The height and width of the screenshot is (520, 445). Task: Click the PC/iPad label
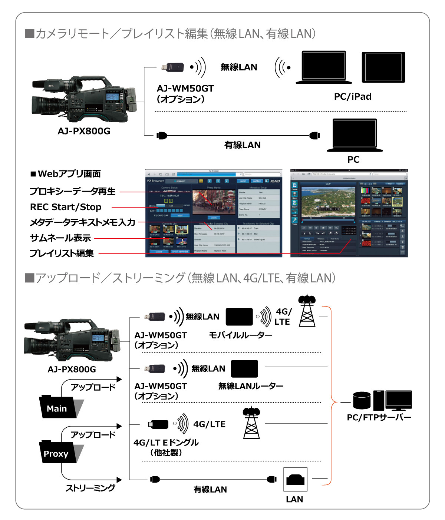[352, 97]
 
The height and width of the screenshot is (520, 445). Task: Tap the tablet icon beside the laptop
[383, 67]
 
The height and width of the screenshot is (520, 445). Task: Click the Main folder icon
[59, 407]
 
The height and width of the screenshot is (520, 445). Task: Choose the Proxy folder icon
[59, 452]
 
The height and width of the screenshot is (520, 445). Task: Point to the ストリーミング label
[90, 488]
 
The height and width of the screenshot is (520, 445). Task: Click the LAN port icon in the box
[296, 480]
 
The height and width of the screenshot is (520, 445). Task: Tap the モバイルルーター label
[240, 335]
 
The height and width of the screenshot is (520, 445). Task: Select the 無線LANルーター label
[251, 386]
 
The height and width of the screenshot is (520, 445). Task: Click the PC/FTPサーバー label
[379, 418]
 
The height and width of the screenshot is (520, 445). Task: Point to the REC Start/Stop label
[66, 207]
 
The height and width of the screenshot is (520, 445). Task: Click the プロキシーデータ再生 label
[73, 192]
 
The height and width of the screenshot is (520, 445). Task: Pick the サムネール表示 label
[60, 238]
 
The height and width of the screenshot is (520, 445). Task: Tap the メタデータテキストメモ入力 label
[82, 222]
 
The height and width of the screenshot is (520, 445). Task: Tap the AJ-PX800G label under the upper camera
[84, 131]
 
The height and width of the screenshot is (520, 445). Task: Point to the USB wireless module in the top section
[173, 67]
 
